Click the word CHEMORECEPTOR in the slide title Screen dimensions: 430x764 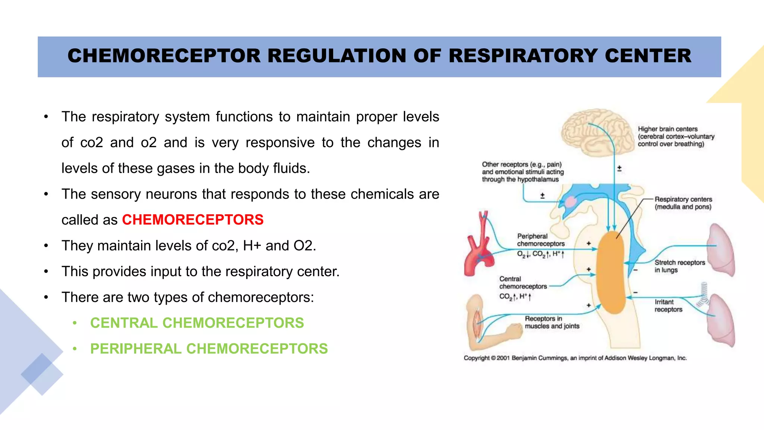coord(164,56)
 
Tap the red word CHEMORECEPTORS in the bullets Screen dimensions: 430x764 coord(192,220)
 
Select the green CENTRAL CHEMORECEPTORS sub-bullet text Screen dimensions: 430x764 coord(197,323)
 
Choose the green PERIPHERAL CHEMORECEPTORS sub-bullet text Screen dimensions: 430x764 coord(209,349)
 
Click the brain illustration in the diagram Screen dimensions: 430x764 coord(597,133)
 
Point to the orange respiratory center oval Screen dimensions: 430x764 coord(611,272)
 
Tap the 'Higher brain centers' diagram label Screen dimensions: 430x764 coord(676,137)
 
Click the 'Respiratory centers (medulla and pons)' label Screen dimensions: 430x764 coord(683,203)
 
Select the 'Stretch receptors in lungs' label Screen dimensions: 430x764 coord(680,266)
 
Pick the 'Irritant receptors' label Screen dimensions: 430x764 coord(668,306)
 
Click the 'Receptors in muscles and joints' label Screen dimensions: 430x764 coord(552,322)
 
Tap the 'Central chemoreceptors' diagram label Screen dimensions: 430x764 coord(523,283)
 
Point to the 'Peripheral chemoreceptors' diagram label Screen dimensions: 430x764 coord(541,240)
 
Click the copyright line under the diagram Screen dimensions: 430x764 coord(575,358)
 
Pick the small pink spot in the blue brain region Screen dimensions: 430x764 coord(570,202)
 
